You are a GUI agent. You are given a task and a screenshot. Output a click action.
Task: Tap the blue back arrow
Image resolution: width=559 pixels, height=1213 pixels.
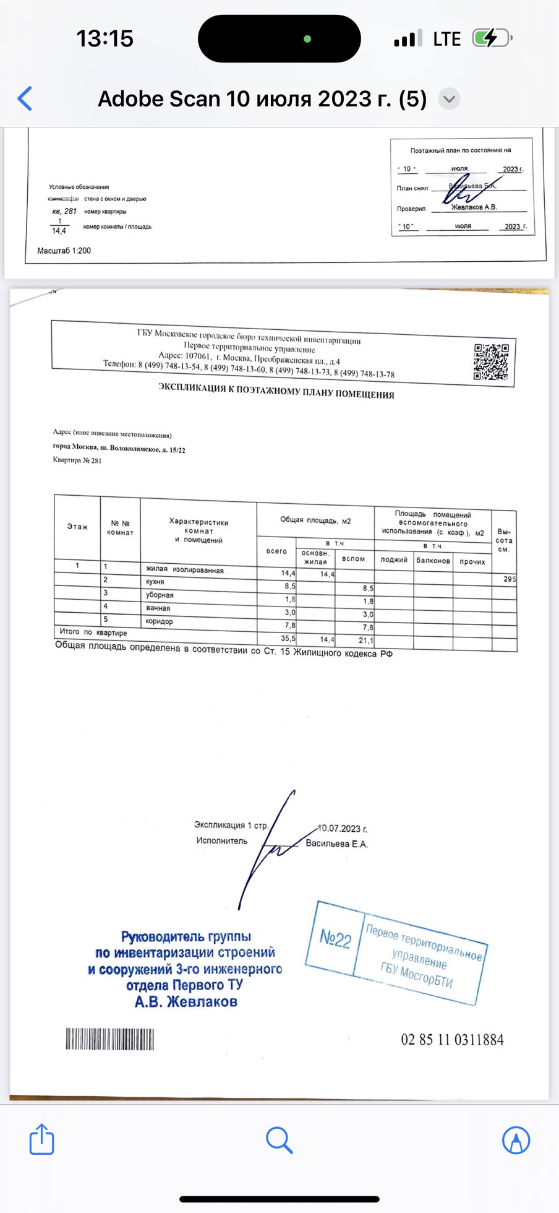(x=25, y=99)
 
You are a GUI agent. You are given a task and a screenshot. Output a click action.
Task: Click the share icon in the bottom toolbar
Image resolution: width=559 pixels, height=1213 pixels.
(x=41, y=1139)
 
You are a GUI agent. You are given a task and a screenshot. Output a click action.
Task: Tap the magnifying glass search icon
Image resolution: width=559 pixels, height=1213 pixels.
(x=279, y=1139)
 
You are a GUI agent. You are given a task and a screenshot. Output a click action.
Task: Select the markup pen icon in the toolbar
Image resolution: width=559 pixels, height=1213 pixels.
(x=516, y=1139)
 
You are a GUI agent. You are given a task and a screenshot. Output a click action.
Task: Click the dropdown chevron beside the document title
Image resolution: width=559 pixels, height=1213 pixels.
(x=450, y=99)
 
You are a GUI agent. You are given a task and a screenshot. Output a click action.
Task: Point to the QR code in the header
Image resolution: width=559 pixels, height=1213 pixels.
(x=491, y=362)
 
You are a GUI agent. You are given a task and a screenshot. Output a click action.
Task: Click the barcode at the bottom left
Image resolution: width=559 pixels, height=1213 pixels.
(x=110, y=1039)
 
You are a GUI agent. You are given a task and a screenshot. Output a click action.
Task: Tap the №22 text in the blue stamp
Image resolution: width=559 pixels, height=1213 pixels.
(x=335, y=938)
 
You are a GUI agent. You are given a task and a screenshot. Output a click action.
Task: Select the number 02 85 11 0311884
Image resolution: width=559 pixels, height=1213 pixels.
(x=452, y=1040)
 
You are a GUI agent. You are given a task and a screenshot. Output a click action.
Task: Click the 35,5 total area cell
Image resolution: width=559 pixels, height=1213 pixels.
(x=288, y=638)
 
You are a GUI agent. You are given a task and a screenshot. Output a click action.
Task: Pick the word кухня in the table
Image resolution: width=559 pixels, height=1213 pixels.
(x=155, y=582)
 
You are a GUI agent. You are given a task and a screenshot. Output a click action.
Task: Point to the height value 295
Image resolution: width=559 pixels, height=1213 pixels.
(x=509, y=579)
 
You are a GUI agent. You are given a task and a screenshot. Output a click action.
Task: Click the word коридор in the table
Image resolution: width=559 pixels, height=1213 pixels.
(x=160, y=621)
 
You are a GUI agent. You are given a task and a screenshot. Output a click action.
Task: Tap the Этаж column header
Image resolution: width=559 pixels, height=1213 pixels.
(x=77, y=527)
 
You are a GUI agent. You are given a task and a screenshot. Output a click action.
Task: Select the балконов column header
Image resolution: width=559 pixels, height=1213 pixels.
(x=433, y=561)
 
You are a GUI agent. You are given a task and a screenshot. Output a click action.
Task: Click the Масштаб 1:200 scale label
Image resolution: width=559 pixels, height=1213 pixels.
(x=64, y=251)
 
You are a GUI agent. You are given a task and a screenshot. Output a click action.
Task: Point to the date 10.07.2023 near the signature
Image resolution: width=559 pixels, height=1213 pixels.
(x=343, y=829)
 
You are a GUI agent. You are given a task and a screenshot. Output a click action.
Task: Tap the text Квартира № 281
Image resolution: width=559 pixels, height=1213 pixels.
(x=77, y=460)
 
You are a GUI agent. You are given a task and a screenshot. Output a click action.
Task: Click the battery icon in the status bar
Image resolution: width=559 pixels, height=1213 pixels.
(x=491, y=38)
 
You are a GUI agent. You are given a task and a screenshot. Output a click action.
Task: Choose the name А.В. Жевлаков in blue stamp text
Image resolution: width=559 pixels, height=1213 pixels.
(x=186, y=1002)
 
